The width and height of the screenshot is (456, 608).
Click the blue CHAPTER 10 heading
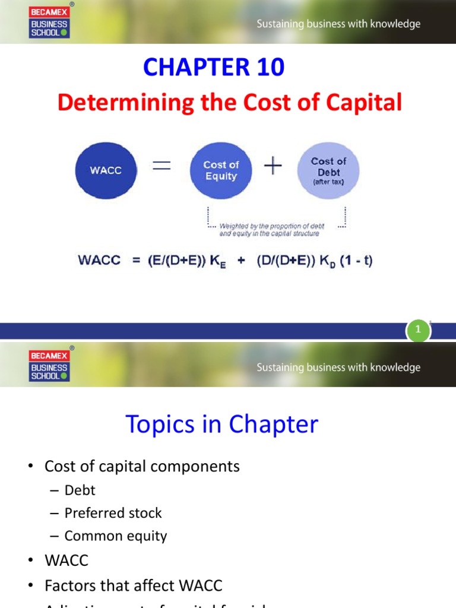point(214,68)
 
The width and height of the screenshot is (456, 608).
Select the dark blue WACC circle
point(106,170)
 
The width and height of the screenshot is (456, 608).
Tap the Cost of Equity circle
point(221,170)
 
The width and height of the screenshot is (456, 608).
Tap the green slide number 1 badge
point(418,330)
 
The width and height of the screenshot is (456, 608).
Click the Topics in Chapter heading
point(221,425)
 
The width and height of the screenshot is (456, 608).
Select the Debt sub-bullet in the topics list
point(80,490)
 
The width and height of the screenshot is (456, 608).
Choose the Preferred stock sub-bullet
point(113,513)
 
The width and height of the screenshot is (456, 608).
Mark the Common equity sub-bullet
point(116,536)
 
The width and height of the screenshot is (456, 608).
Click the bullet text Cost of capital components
point(142,466)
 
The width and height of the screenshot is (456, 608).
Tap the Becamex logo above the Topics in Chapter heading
point(49,366)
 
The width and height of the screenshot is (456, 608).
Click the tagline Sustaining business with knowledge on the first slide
point(338,24)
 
